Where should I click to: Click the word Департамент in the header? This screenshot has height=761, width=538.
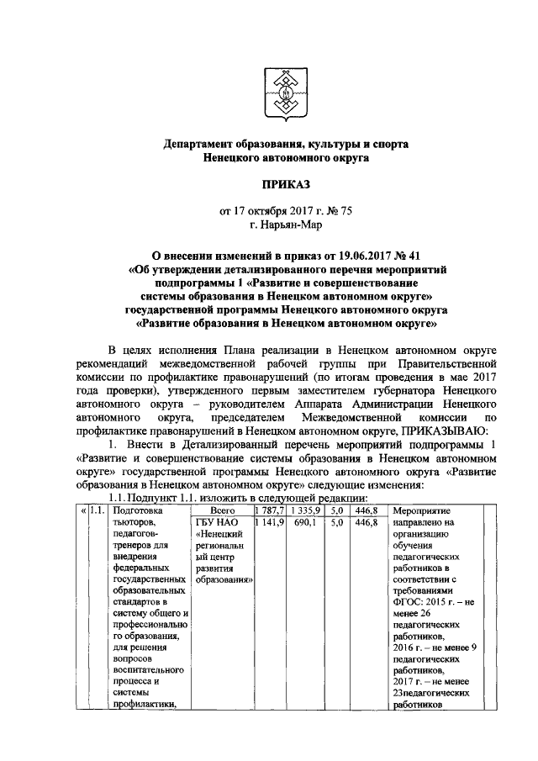(x=200, y=145)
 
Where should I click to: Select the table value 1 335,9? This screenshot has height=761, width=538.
(x=303, y=510)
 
